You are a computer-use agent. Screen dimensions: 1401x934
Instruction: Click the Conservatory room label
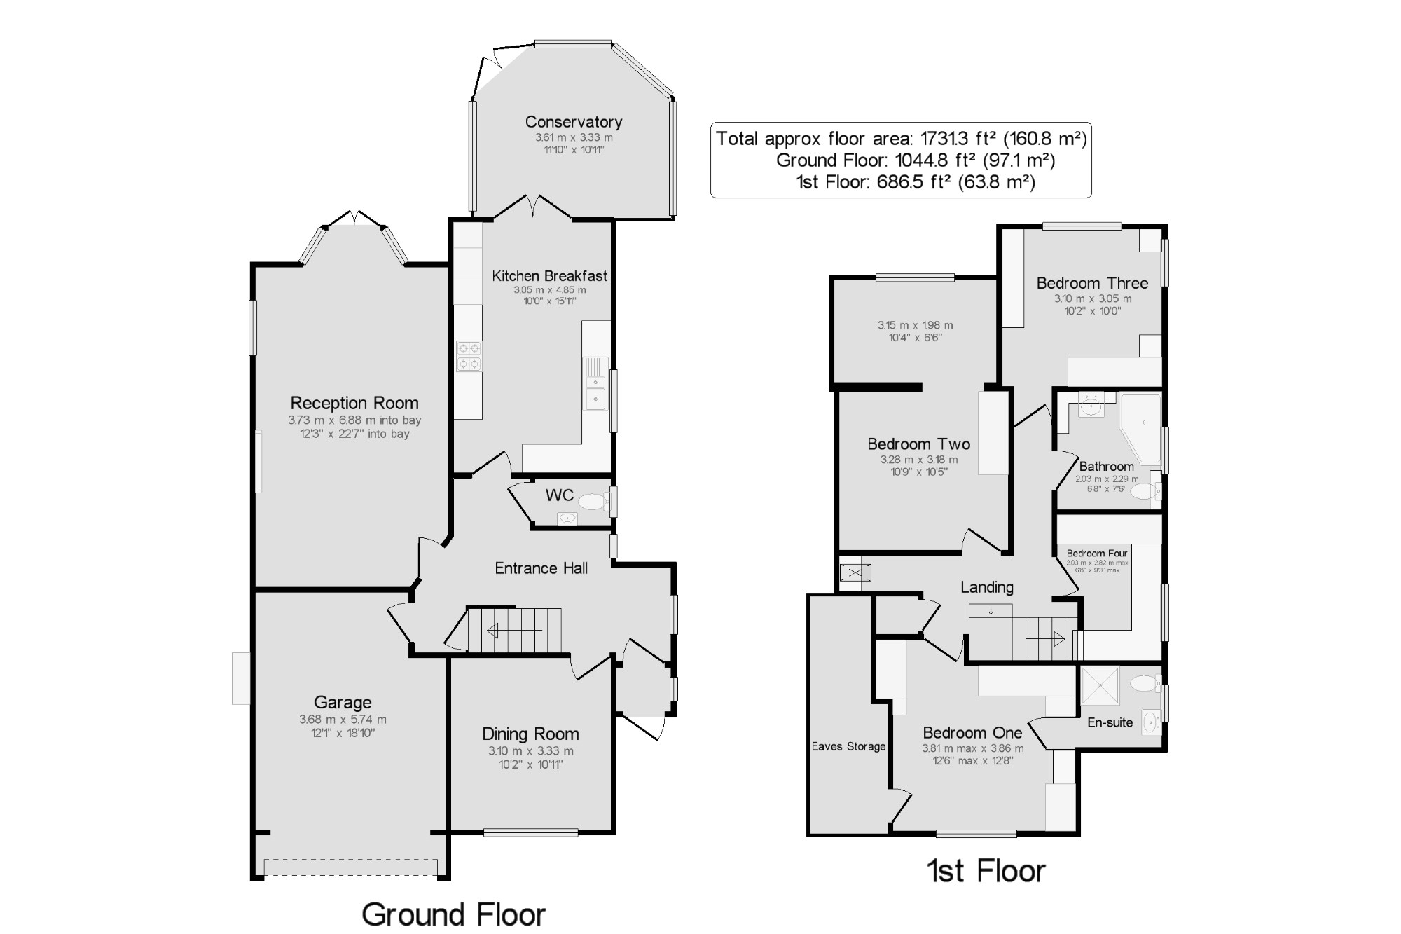574,122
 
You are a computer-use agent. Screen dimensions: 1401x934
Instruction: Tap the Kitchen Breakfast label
550,276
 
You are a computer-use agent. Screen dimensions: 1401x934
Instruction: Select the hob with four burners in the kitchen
469,355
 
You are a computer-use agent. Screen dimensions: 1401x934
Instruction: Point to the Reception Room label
354,403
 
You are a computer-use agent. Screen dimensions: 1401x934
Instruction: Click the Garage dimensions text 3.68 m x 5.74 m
343,720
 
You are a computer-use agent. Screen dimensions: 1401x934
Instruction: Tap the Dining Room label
530,734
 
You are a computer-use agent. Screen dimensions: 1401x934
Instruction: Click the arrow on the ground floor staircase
514,631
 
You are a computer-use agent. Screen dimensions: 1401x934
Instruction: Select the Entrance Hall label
541,568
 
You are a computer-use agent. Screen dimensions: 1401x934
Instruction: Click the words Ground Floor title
453,914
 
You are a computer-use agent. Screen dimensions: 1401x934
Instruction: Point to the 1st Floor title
986,871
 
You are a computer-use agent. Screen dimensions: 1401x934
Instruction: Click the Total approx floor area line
901,138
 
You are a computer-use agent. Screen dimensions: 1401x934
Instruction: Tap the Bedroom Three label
1092,283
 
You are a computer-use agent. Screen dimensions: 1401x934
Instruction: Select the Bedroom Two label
918,444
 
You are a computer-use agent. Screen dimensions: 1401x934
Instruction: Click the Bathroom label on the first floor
1106,467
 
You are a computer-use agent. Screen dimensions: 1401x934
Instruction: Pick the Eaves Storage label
848,746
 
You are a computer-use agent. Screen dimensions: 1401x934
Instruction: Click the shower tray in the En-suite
1100,685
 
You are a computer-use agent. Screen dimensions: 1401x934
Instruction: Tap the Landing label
986,587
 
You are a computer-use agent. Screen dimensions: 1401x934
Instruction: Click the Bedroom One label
972,733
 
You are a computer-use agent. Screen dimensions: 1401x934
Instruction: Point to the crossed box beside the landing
855,573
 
